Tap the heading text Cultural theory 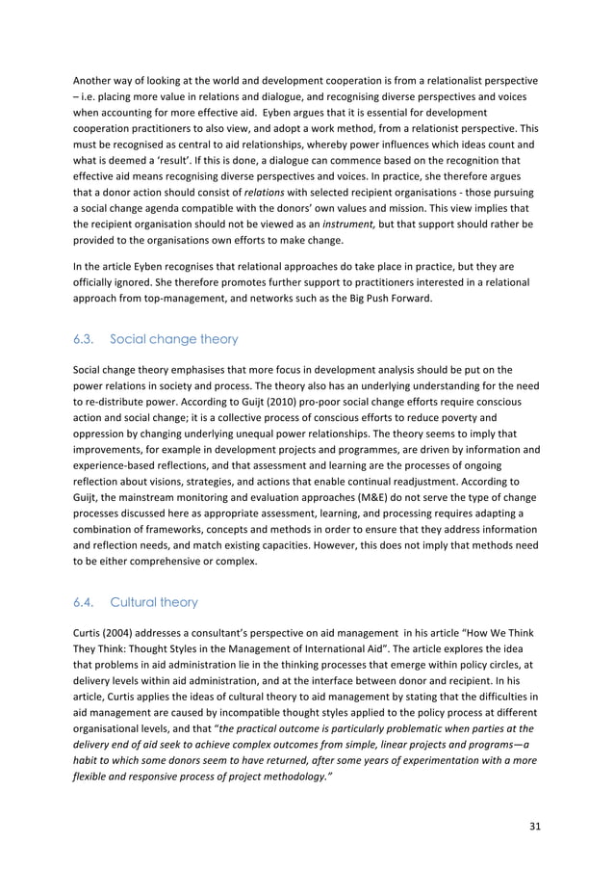(x=154, y=602)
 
